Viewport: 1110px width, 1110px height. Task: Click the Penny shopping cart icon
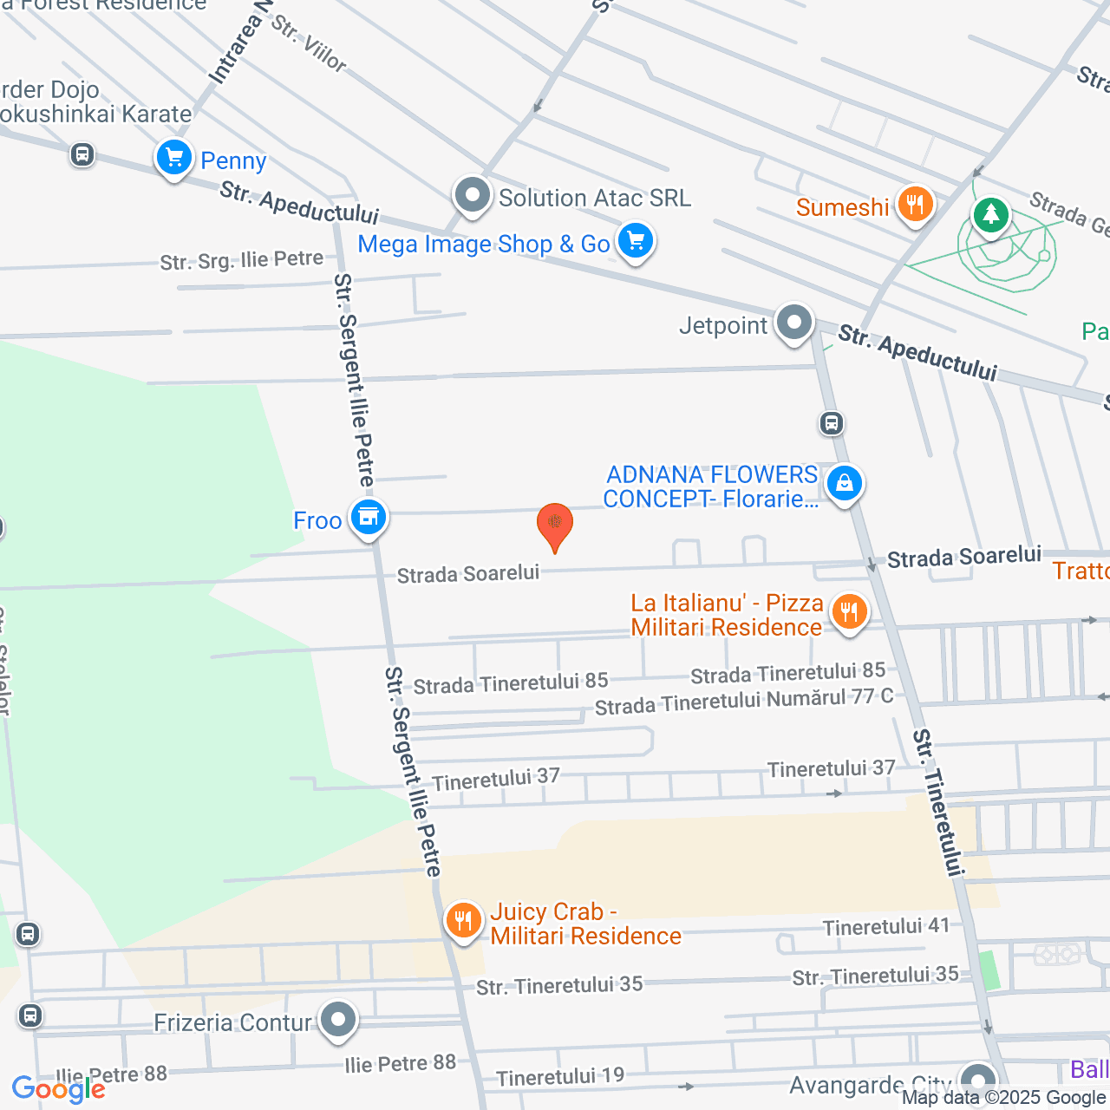click(x=174, y=159)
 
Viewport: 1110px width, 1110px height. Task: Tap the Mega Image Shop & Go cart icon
click(x=636, y=240)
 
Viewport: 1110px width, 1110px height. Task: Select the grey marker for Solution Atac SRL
click(x=473, y=195)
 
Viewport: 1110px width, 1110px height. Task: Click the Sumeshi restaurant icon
click(x=915, y=206)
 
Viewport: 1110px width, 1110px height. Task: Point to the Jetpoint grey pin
click(x=793, y=323)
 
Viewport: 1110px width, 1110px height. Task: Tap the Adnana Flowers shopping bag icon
click(x=844, y=483)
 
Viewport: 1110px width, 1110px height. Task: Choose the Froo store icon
click(x=369, y=517)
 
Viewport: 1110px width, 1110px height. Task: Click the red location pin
click(x=555, y=525)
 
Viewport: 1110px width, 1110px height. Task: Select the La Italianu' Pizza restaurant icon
click(x=849, y=612)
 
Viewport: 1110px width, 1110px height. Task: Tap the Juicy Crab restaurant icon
click(x=464, y=920)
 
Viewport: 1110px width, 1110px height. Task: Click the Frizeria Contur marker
click(x=338, y=1021)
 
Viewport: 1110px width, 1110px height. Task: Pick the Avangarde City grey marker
click(x=978, y=1081)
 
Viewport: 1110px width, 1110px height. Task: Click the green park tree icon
click(x=990, y=213)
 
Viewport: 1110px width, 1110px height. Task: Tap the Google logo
click(x=58, y=1089)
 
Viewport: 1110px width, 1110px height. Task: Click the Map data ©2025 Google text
click(x=1004, y=1098)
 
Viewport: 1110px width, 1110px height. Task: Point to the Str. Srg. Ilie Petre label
click(x=241, y=260)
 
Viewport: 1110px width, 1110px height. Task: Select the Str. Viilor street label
click(x=309, y=43)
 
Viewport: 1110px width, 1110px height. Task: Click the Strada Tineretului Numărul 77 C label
click(x=744, y=702)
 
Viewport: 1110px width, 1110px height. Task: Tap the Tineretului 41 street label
click(x=886, y=927)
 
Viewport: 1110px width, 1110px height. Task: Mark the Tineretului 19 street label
click(x=560, y=1077)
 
